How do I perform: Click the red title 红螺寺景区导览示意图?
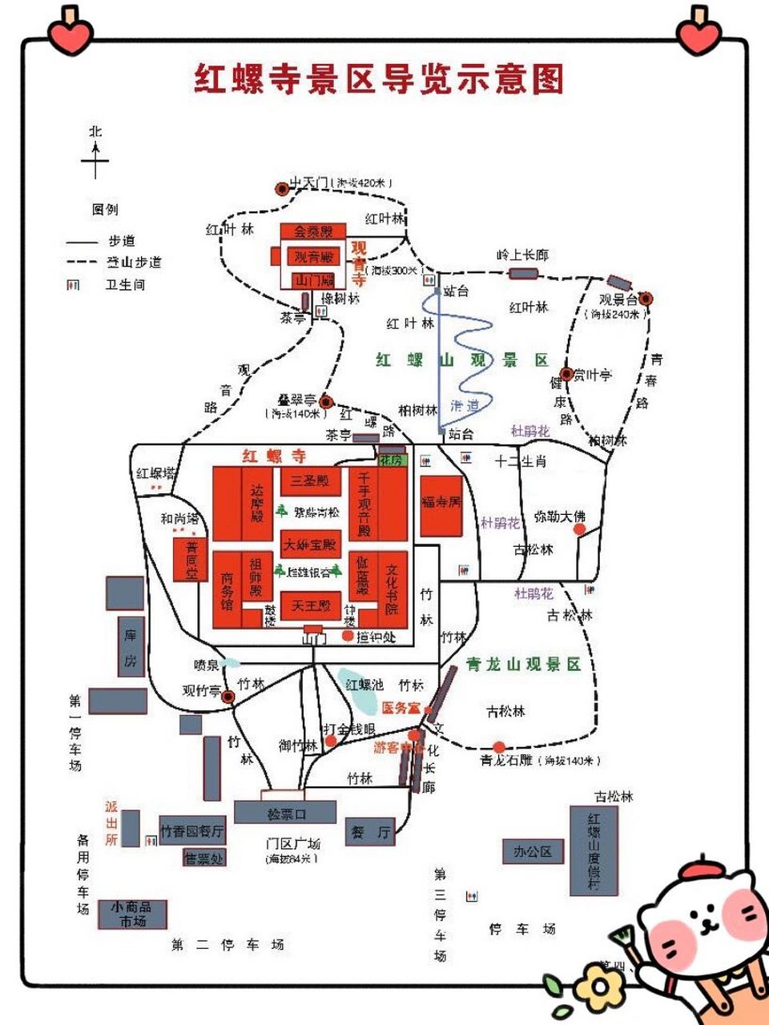[379, 78]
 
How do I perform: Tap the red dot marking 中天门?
[281, 189]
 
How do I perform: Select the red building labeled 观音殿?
[312, 256]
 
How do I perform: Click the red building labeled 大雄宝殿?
[311, 545]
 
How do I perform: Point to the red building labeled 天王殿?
[311, 605]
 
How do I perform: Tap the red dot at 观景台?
[646, 299]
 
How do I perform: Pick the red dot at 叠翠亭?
[326, 402]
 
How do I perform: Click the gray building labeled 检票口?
[286, 813]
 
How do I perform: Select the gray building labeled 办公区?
[533, 851]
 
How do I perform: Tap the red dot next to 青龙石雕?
[499, 747]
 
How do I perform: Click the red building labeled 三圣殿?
[311, 481]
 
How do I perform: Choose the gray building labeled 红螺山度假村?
[594, 851]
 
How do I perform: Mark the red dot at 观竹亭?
[228, 697]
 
